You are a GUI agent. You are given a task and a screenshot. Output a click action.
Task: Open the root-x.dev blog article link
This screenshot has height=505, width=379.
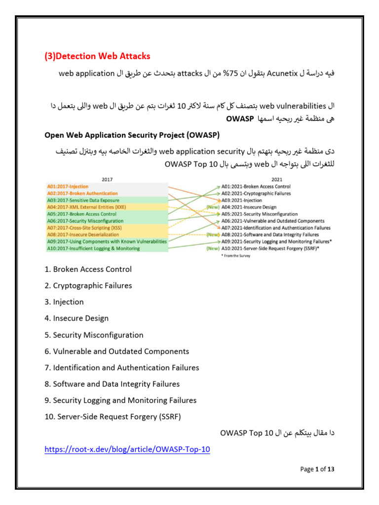point(127,450)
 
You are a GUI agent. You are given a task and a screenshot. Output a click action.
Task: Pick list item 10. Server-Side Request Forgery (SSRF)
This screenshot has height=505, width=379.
point(113,417)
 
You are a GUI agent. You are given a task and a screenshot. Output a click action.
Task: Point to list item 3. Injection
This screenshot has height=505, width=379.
point(64,302)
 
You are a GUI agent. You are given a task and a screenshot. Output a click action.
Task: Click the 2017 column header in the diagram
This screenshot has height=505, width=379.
point(107,180)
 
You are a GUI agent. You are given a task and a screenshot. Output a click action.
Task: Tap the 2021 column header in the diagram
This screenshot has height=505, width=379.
point(276,180)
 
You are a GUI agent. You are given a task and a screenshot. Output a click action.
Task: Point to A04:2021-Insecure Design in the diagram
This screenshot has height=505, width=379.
point(249,208)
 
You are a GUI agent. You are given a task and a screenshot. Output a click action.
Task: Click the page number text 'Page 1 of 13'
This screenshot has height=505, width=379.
point(317,469)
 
